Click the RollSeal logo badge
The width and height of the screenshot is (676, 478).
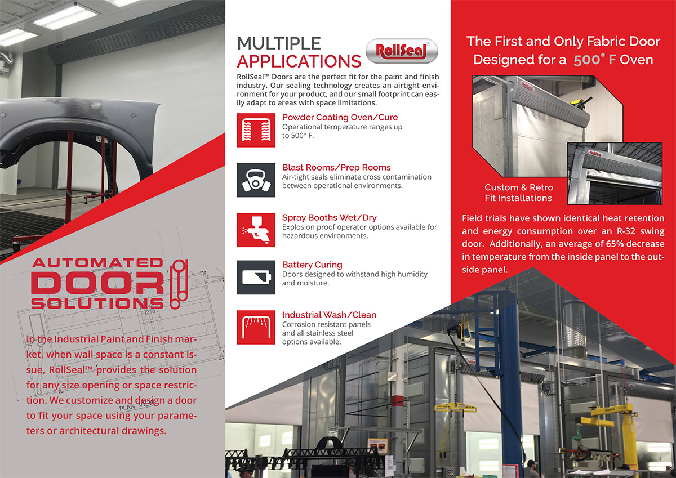402,51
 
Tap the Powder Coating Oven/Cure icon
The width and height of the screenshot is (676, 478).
256,130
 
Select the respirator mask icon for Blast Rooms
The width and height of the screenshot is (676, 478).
256,180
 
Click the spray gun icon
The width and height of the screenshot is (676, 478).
256,230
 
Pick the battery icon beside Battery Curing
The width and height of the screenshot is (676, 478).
256,278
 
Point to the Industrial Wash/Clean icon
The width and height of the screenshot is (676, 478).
256,328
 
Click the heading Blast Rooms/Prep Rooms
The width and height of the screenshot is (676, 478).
336,167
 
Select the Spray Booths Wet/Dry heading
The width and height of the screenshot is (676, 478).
329,217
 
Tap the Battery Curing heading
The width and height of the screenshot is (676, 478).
312,265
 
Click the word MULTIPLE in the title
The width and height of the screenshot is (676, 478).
279,43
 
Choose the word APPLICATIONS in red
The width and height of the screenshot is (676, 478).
299,61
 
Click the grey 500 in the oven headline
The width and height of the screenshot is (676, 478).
586,60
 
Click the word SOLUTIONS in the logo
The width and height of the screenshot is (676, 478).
97,303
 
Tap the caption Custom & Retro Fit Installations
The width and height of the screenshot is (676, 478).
518,193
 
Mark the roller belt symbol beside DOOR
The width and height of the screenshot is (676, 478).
179,284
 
